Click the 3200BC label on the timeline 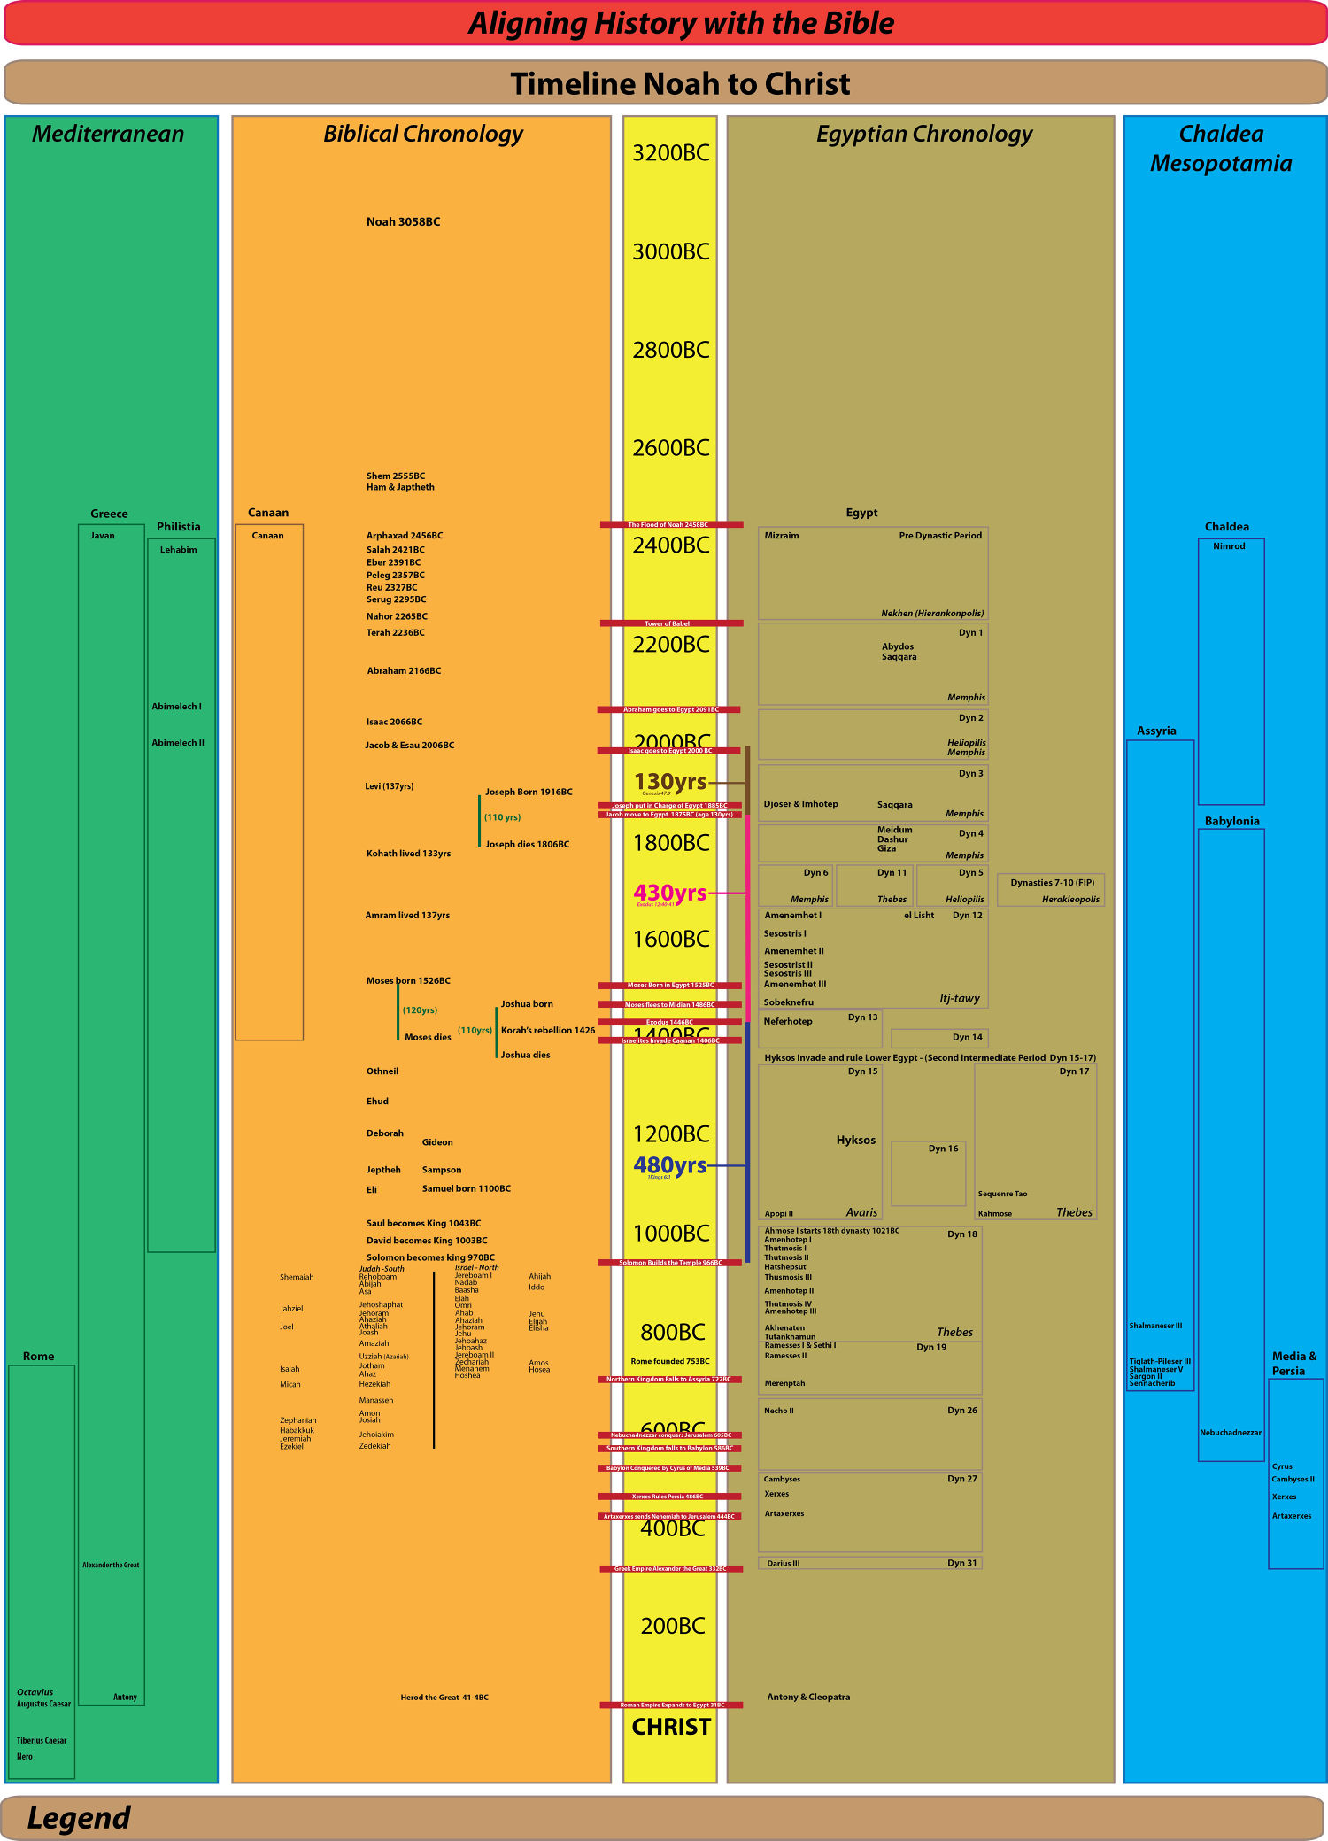coord(670,153)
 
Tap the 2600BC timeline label coord(670,448)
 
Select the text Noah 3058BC coord(403,222)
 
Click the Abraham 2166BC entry coord(404,671)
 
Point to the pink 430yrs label coord(669,893)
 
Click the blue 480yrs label coord(669,1165)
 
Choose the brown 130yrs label coord(670,782)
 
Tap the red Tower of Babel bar coord(670,623)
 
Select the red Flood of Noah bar coord(670,525)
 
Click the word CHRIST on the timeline coord(671,1727)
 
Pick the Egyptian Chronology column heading coord(923,135)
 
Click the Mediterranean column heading coord(108,135)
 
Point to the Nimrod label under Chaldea coord(1229,546)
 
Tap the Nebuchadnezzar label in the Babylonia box coord(1231,1433)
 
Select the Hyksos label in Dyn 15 coord(855,1141)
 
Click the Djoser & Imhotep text coord(800,804)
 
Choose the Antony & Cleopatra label coord(808,1698)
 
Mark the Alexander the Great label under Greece coord(111,1566)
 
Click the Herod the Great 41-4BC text coord(444,1698)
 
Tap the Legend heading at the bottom coord(79,1818)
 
